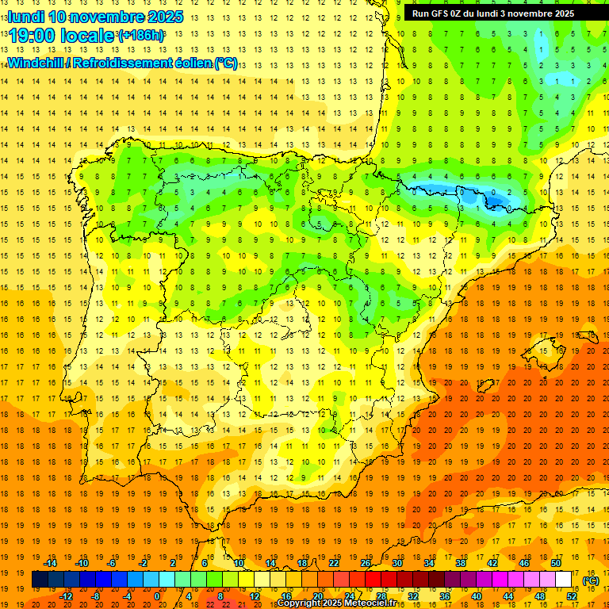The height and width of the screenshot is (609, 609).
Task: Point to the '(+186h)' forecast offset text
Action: pyautogui.click(x=141, y=36)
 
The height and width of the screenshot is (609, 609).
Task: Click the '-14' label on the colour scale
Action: pyautogui.click(x=51, y=563)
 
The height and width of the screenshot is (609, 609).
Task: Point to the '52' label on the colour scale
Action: pyautogui.click(x=572, y=596)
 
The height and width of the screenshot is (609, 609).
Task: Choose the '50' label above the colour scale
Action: pyautogui.click(x=556, y=563)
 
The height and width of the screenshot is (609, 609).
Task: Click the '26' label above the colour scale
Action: pyautogui.click(x=366, y=563)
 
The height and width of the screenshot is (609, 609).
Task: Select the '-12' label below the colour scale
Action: pyautogui.click(x=67, y=596)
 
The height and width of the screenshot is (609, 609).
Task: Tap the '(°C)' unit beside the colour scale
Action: pyautogui.click(x=591, y=580)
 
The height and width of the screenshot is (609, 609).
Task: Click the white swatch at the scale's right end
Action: pyautogui.click(x=563, y=580)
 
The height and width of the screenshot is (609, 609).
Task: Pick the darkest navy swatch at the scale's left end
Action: pyautogui.click(x=40, y=580)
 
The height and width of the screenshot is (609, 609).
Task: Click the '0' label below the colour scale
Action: pyautogui.click(x=156, y=596)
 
